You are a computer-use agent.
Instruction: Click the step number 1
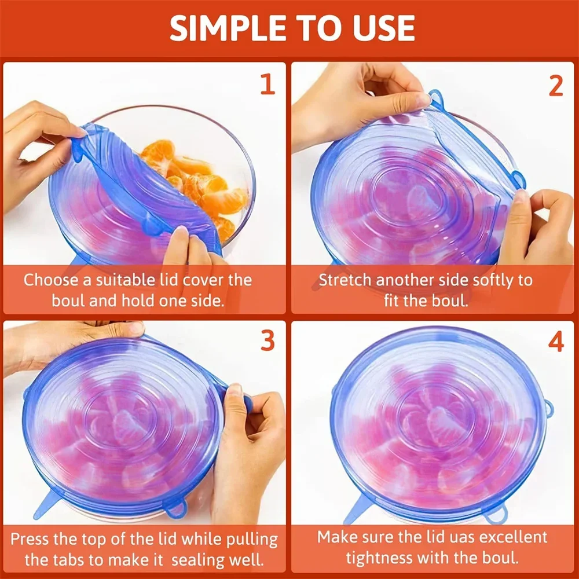pos(267,85)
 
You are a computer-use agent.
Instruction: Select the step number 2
pos(555,86)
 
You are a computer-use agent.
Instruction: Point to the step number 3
pos(267,342)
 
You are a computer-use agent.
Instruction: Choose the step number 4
pos(555,342)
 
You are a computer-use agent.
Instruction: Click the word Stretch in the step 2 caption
pos(345,280)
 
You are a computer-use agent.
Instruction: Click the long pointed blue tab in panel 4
pos(356,510)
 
